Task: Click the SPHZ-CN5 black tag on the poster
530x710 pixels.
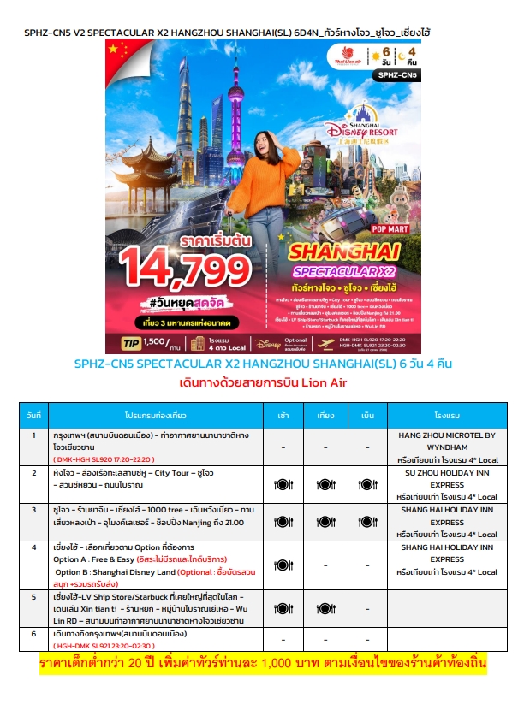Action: coord(398,75)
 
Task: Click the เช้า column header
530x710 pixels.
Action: coord(283,413)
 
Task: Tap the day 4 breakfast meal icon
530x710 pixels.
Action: coord(283,565)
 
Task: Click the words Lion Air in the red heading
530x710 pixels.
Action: coord(322,382)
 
